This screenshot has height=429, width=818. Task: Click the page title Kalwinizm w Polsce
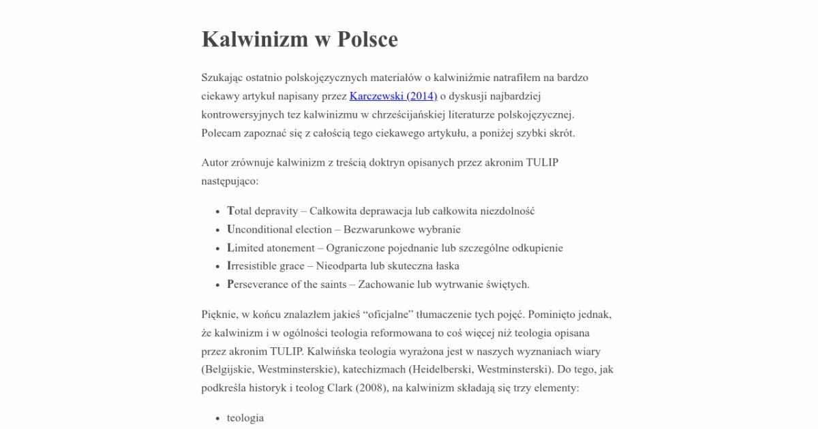pos(299,39)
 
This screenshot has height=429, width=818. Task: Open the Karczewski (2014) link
pos(393,96)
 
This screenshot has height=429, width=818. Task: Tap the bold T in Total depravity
pos(230,211)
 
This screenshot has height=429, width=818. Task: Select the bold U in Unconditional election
pos(231,229)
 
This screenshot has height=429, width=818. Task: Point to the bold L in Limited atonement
pos(230,248)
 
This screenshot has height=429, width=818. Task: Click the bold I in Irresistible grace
pos(229,266)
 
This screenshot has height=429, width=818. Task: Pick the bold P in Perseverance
pos(230,285)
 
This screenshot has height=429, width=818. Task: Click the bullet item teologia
pos(245,418)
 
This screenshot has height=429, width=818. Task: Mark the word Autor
pos(215,163)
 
